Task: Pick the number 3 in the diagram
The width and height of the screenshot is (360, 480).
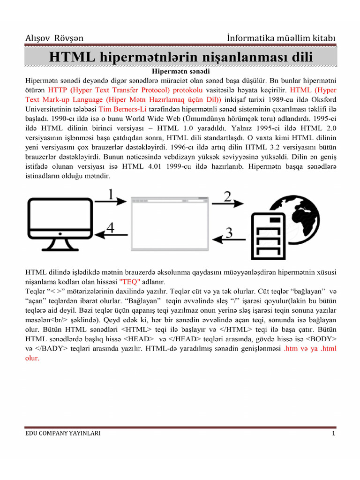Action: [228, 232]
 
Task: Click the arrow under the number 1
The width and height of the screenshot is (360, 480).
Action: [109, 204]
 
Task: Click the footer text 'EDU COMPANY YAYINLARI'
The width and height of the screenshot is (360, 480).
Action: [62, 434]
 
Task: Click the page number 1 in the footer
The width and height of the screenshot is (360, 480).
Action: [333, 434]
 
